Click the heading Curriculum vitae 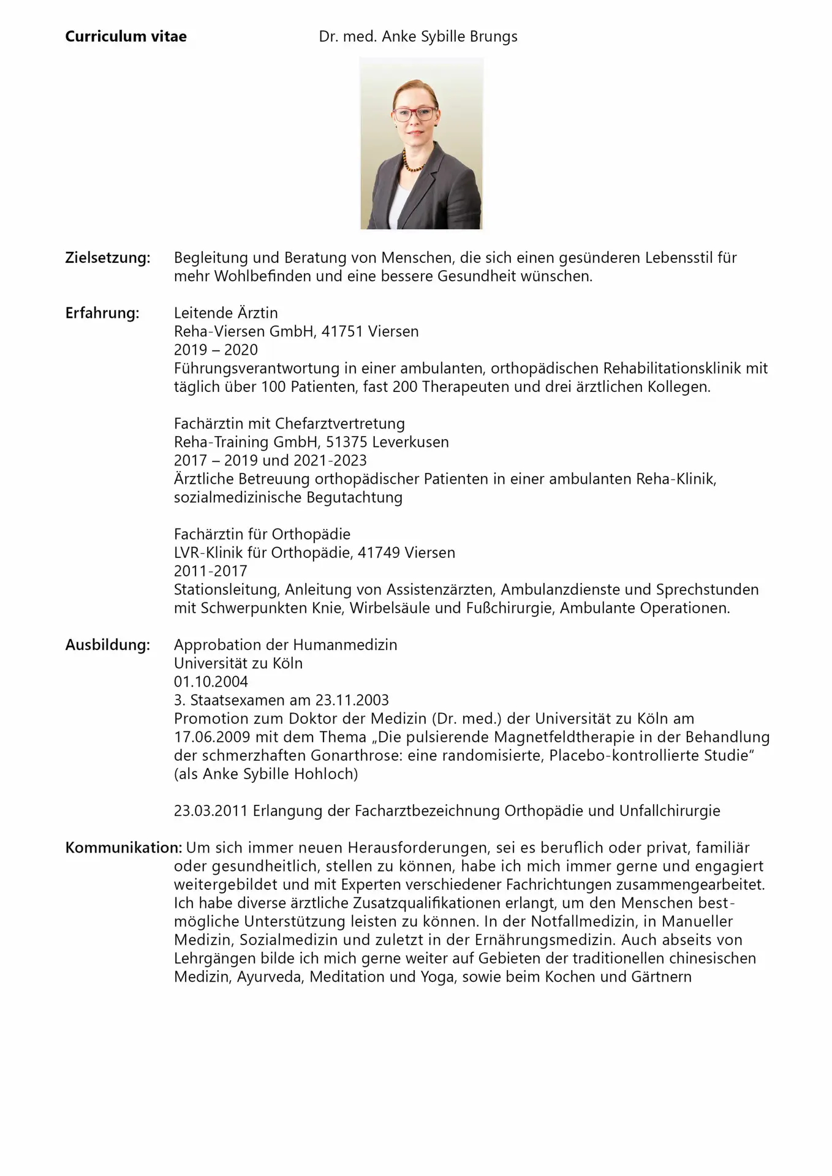(x=126, y=37)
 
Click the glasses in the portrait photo (x=415, y=114)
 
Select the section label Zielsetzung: (x=107, y=258)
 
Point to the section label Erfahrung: (x=102, y=313)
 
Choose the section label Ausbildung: (x=107, y=645)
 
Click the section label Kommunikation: (x=123, y=848)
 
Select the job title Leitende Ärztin (x=225, y=313)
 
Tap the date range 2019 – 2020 (x=216, y=350)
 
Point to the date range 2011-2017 (x=210, y=571)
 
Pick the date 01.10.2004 (x=211, y=682)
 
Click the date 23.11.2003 (x=352, y=700)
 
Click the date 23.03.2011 (x=210, y=811)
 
